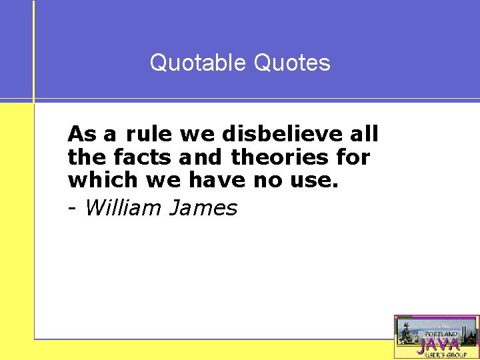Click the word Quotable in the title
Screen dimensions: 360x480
point(199,63)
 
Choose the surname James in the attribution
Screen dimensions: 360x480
point(204,208)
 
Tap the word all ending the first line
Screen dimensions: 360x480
point(365,134)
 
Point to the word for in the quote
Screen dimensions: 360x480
point(355,157)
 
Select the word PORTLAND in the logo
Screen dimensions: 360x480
point(440,333)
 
